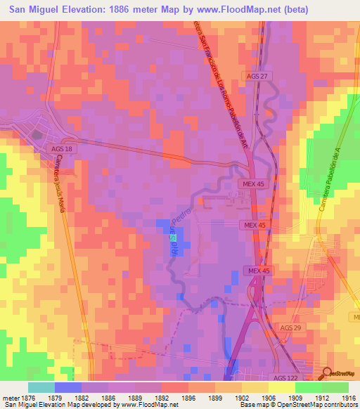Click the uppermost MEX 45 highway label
pyautogui.click(x=254, y=183)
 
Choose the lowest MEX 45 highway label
pyautogui.click(x=257, y=271)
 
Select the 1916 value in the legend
pyautogui.click(x=349, y=398)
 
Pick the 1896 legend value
pyautogui.click(x=188, y=398)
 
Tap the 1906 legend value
pyautogui.click(x=269, y=398)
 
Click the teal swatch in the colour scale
pyautogui.click(x=41, y=387)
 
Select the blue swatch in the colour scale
pyautogui.click(x=68, y=387)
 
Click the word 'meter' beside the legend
pyautogui.click(x=8, y=398)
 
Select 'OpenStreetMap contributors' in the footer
pyautogui.click(x=321, y=405)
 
